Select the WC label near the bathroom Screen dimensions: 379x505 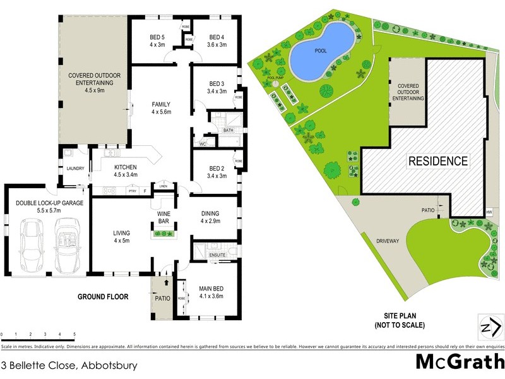(x=203, y=143)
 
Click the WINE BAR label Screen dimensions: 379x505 (x=164, y=219)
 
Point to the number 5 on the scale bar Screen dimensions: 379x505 (x=74, y=334)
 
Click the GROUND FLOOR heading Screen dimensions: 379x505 (x=103, y=296)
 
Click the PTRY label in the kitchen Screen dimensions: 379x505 (x=132, y=190)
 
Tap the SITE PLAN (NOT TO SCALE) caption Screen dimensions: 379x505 (x=403, y=320)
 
